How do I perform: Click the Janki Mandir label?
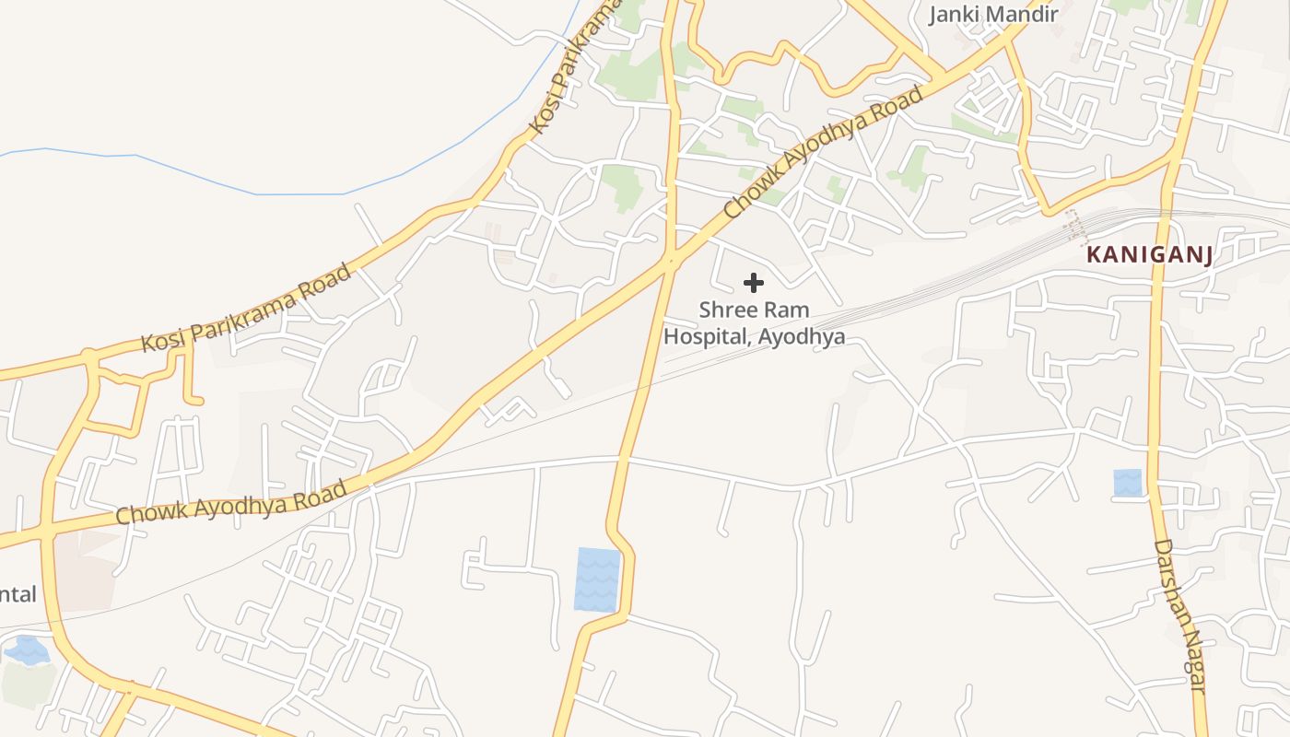point(992,14)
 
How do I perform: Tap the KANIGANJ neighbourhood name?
point(1150,255)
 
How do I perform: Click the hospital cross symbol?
point(754,283)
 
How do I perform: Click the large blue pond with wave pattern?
point(597,579)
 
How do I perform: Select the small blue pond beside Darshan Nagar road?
point(1128,483)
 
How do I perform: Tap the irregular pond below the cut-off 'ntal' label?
point(27,651)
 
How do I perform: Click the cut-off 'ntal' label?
point(18,594)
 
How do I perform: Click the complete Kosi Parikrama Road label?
point(246,308)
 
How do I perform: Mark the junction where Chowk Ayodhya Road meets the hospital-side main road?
point(671,261)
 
